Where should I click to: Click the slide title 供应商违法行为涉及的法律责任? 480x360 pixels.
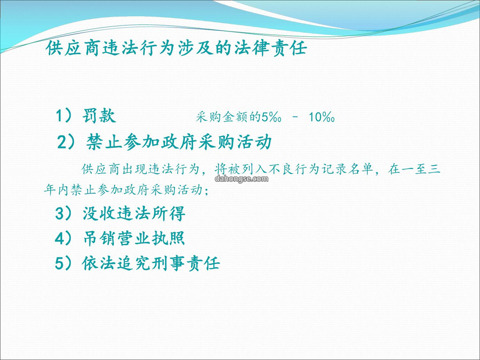176,48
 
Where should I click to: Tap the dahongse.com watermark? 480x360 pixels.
241,179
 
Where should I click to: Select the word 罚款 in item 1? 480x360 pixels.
99,116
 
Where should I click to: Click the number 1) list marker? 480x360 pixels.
64,116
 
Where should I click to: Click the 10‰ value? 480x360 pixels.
321,116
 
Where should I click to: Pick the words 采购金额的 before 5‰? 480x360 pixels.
228,116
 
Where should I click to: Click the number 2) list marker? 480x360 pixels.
66,142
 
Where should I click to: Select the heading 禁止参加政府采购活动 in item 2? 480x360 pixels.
179,142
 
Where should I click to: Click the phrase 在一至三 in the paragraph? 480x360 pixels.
414,169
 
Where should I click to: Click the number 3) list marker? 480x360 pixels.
64,213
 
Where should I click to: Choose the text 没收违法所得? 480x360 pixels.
134,213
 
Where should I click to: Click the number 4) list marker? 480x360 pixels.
64,238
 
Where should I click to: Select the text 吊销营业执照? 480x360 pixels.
134,238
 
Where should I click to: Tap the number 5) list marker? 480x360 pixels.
64,263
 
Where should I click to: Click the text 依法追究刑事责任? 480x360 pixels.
151,263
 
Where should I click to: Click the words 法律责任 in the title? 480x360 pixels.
271,48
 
